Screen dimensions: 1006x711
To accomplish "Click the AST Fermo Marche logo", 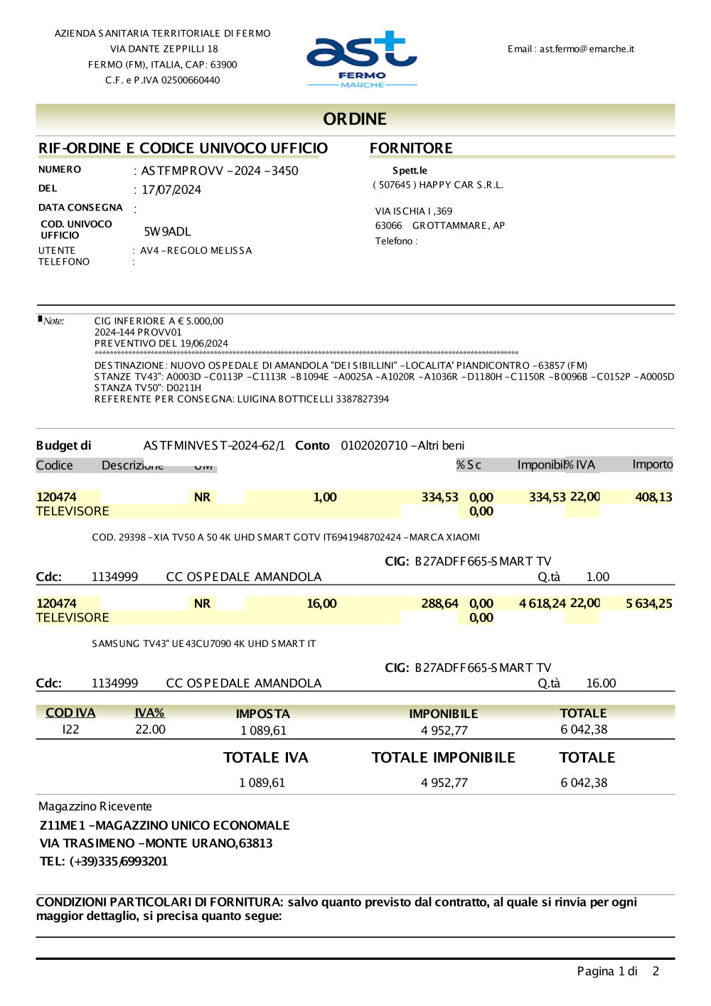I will click(x=361, y=59).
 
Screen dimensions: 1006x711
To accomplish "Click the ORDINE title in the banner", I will click(x=355, y=119).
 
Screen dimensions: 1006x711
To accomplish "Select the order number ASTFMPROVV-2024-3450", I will click(x=219, y=171).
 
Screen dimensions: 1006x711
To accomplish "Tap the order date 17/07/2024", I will click(x=171, y=190).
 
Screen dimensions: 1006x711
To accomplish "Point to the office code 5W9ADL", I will click(x=167, y=232).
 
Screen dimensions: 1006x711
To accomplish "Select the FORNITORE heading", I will click(x=411, y=148).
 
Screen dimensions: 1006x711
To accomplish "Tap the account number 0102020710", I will click(x=374, y=446).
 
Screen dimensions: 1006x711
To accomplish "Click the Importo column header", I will click(x=652, y=464).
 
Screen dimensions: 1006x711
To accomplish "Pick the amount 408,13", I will click(x=653, y=497).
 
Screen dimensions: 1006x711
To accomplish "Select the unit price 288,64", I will click(x=439, y=604).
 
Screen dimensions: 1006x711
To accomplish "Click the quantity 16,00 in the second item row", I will click(x=321, y=604).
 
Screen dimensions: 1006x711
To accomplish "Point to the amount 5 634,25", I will click(x=648, y=604).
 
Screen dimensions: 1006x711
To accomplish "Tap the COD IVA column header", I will click(x=70, y=713).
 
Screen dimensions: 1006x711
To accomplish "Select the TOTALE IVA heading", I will click(x=266, y=758).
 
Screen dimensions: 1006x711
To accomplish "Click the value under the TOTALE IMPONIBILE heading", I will click(x=444, y=783).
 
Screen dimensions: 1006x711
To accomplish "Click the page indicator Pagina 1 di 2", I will click(x=617, y=971).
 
